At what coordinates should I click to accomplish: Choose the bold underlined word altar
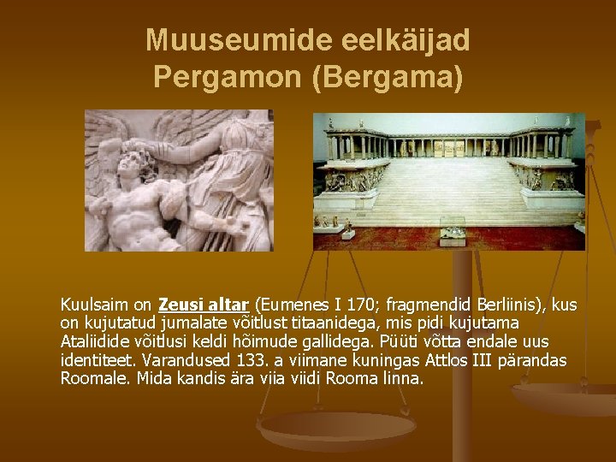(x=225, y=305)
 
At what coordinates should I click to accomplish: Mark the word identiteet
(x=97, y=360)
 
